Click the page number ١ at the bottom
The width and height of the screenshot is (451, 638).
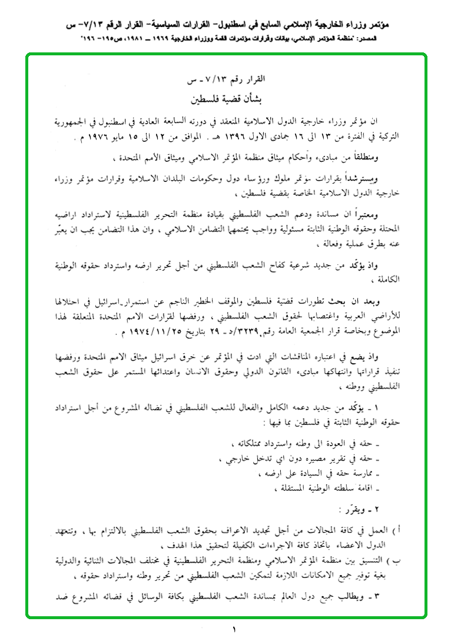coord(234,629)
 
